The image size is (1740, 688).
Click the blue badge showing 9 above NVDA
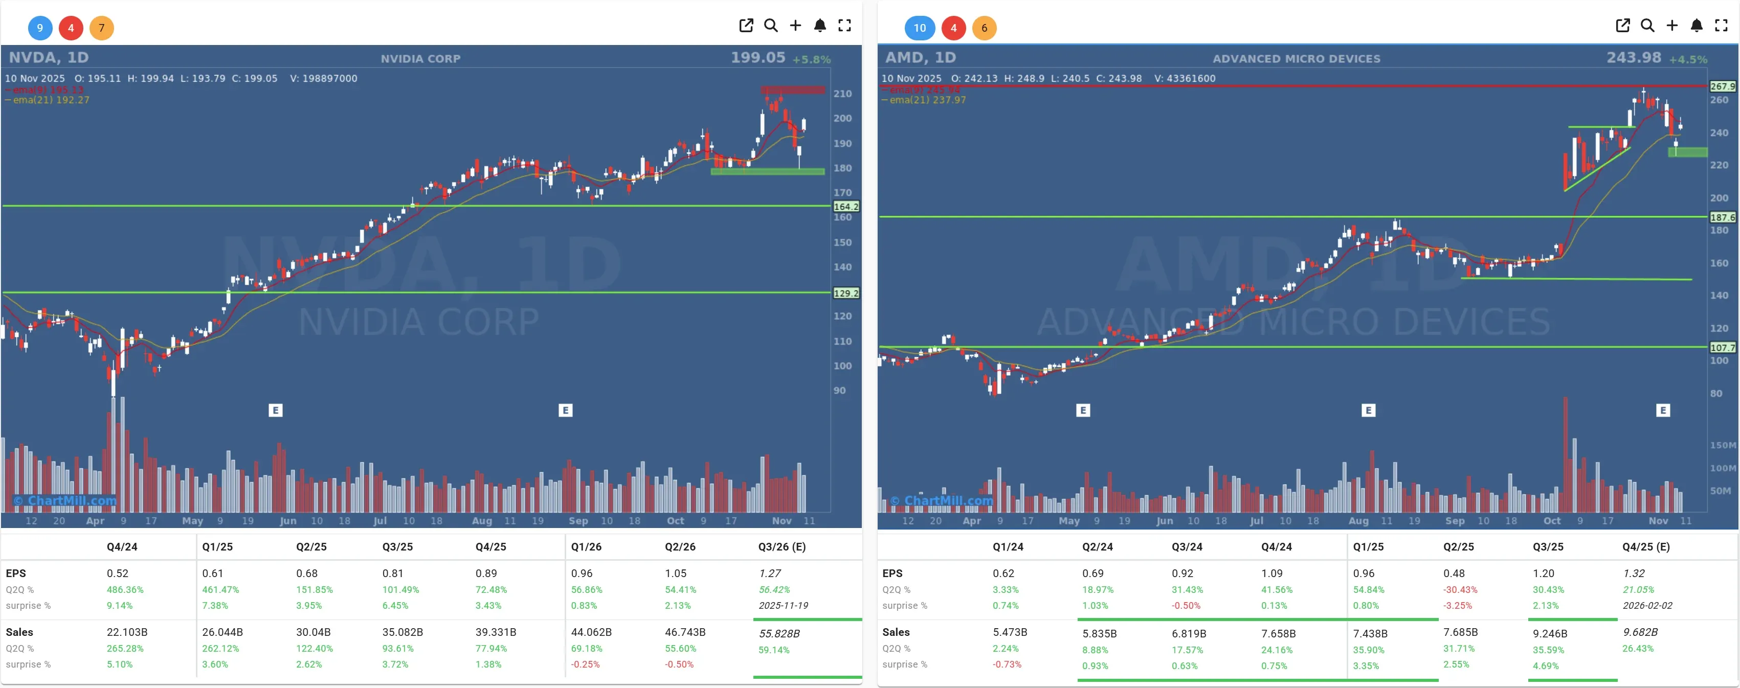(x=40, y=28)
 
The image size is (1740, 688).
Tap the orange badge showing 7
(x=101, y=28)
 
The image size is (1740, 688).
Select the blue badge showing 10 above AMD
(x=919, y=28)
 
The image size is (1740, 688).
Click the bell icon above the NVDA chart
(x=820, y=26)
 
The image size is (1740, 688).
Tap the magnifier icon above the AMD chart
(x=1647, y=26)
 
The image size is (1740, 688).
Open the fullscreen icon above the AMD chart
(x=1721, y=26)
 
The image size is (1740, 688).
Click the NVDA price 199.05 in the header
(x=758, y=58)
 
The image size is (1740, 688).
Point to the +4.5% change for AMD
(x=1688, y=59)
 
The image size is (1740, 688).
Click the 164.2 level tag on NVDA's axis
(x=845, y=207)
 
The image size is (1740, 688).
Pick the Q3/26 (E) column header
(x=782, y=547)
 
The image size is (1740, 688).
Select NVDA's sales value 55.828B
(x=779, y=633)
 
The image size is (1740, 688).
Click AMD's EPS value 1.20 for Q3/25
(x=1544, y=573)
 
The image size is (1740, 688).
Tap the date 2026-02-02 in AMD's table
(x=1647, y=606)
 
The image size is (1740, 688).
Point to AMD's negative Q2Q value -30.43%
(x=1460, y=589)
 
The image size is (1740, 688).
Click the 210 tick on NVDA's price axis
(x=842, y=94)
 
